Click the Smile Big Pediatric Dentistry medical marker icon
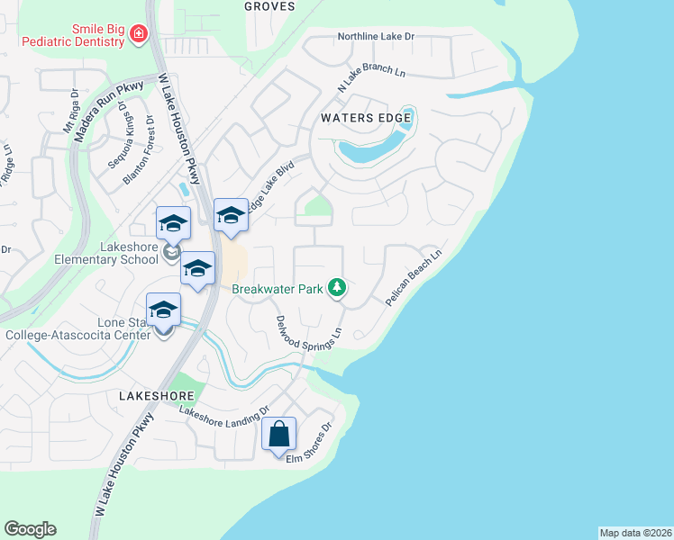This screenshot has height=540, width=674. [139, 35]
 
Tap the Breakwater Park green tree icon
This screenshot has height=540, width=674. [337, 288]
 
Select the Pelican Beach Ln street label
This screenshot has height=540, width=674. [414, 279]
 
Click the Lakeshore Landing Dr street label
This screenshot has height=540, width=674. [224, 412]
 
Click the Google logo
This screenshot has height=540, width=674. [30, 529]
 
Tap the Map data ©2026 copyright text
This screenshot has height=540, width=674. [635, 532]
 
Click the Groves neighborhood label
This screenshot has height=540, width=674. [269, 5]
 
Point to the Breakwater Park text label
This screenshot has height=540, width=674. [278, 289]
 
